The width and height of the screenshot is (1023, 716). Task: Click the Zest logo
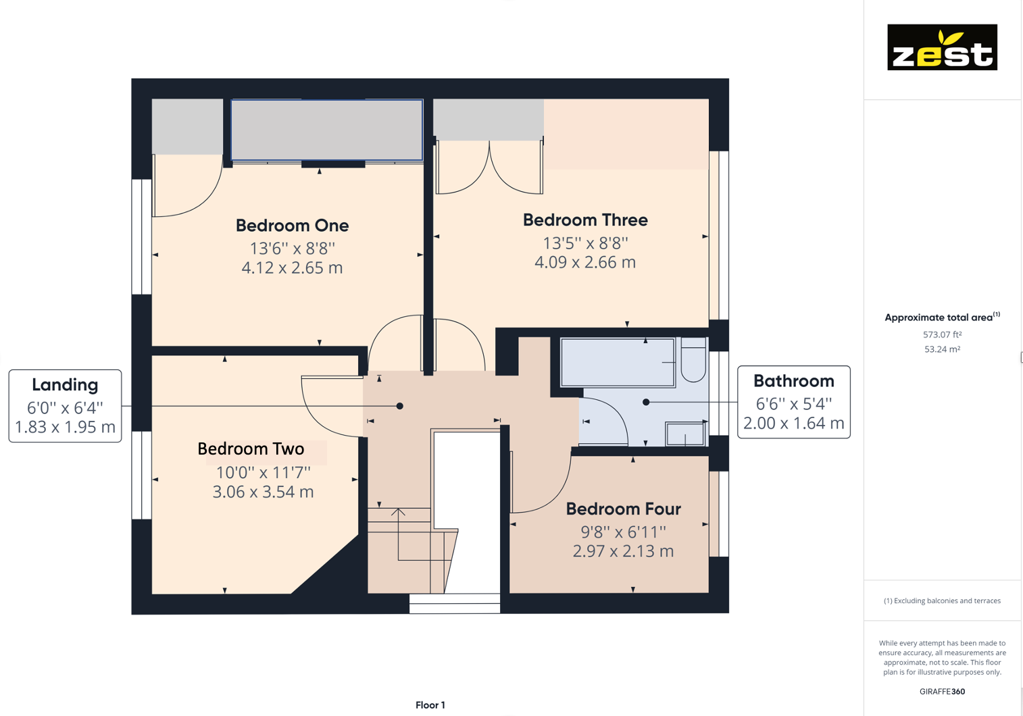[942, 47]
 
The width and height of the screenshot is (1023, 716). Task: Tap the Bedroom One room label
[292, 226]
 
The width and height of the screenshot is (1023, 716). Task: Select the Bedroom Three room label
[585, 220]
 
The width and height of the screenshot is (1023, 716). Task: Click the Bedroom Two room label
[251, 449]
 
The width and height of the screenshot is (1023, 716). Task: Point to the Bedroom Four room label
[623, 509]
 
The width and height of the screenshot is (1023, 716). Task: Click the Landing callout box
[65, 405]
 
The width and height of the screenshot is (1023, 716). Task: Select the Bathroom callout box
[793, 402]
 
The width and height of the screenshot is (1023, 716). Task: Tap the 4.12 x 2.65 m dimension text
[292, 268]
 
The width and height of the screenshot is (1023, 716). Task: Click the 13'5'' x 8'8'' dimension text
[585, 242]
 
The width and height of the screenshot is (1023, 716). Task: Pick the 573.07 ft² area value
[942, 334]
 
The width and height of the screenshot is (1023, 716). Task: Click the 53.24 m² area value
[942, 349]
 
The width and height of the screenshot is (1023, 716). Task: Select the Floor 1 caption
[430, 705]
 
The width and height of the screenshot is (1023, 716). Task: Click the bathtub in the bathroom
[617, 363]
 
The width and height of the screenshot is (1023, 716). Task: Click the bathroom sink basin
[685, 434]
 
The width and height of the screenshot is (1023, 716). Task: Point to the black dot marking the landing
[400, 406]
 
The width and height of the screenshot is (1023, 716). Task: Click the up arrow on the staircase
[399, 513]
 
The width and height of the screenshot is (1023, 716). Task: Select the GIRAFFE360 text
[942, 692]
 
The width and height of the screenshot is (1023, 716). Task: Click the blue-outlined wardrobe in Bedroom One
[327, 130]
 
